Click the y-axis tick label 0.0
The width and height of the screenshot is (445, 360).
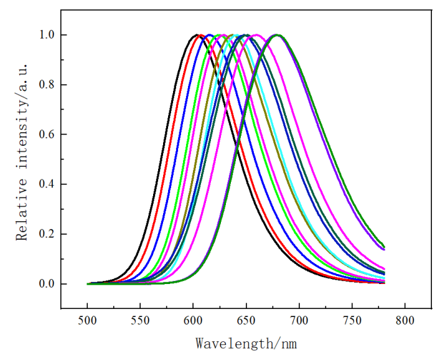point(48,284)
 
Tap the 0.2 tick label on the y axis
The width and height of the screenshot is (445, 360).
point(48,234)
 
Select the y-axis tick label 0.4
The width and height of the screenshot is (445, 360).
point(48,184)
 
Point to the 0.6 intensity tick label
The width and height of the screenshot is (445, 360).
point(48,135)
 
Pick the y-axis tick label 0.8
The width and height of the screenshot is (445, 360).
point(48,85)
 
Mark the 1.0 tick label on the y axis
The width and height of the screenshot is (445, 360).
point(48,35)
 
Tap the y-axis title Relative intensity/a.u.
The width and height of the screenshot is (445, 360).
point(22,159)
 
